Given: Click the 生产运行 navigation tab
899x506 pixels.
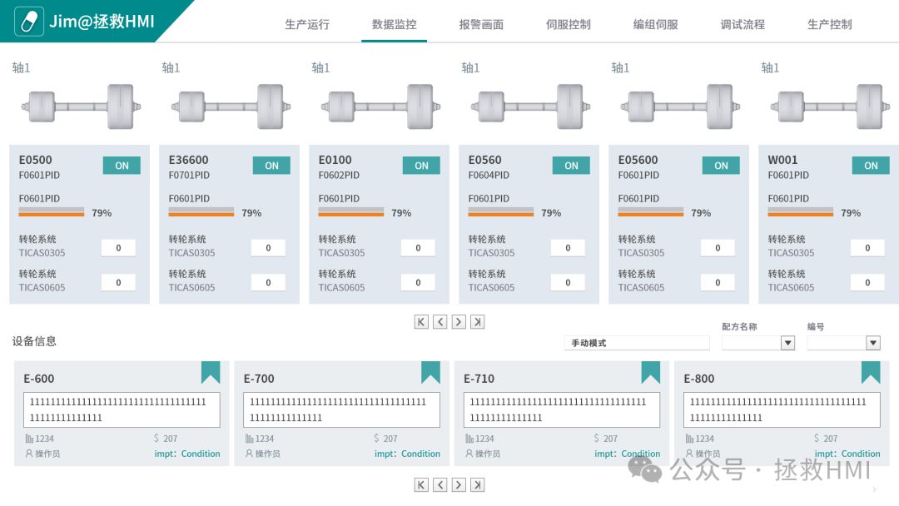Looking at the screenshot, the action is pos(307,25).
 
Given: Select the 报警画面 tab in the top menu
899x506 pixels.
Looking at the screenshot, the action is pos(482,25).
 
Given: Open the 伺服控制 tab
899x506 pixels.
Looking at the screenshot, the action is pos(569,25).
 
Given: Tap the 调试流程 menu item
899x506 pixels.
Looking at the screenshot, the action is pos(743,25).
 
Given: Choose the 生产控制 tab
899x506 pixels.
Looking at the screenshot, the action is pos(830,25).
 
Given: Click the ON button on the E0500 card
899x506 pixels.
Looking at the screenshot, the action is pos(122,166).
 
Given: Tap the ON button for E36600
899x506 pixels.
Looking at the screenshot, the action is pos(271,166).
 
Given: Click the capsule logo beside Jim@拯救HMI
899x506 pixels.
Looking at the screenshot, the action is pos(28,22).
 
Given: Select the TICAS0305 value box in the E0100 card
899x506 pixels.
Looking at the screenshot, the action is pos(418,248).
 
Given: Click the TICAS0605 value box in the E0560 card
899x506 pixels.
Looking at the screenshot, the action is pos(568,282).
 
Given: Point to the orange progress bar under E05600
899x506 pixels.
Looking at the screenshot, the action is pos(651,214).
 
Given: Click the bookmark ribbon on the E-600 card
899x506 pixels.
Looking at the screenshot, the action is pos(211,372).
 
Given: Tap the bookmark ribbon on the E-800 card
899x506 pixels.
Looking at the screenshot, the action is pos(871,372).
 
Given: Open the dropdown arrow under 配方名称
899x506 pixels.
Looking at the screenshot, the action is pos(787,343).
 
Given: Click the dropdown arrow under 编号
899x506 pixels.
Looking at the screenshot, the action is pos(872,343).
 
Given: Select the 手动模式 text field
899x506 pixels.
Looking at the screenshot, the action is pos(637,343).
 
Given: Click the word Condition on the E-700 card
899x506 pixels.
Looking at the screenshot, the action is pos(420,454).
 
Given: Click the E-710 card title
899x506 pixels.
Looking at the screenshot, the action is pos(479,379).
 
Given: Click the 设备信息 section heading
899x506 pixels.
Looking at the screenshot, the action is pos(34,341).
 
